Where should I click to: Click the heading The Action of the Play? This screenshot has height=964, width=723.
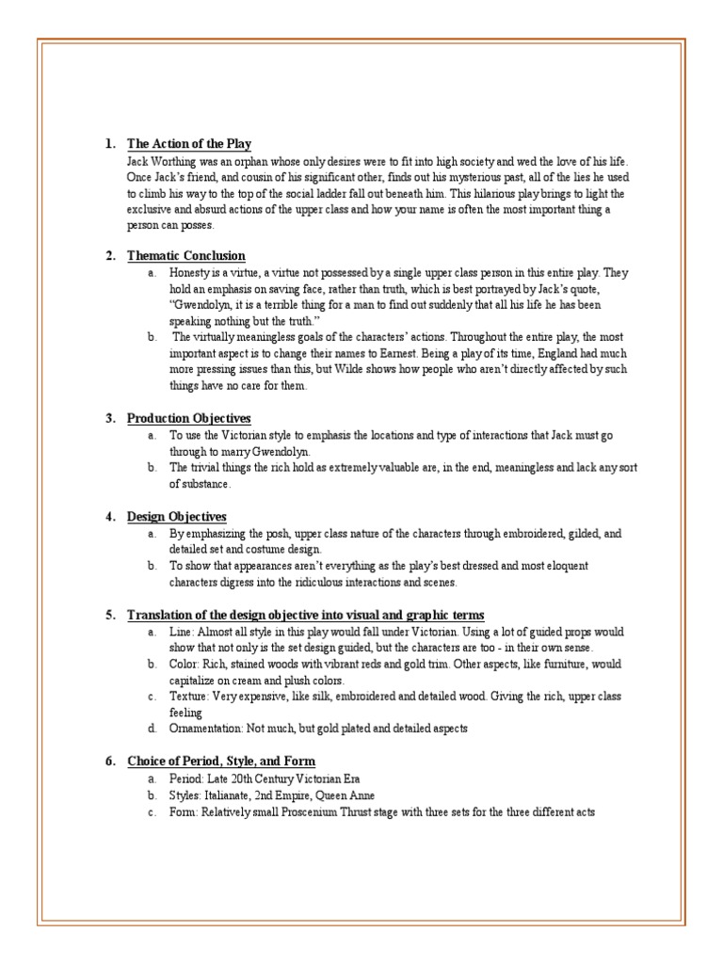(x=188, y=144)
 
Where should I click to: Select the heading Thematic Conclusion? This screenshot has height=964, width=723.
(x=185, y=255)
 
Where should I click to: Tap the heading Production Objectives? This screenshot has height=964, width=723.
(x=188, y=417)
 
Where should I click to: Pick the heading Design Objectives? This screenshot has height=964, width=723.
(x=176, y=516)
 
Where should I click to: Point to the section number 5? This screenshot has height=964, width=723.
(x=110, y=615)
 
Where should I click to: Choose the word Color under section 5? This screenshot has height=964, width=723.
(x=184, y=664)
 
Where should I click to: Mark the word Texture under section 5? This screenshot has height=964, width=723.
(x=188, y=696)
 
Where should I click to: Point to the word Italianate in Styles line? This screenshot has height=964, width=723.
(x=235, y=795)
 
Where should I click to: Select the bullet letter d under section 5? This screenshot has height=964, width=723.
(x=151, y=729)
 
